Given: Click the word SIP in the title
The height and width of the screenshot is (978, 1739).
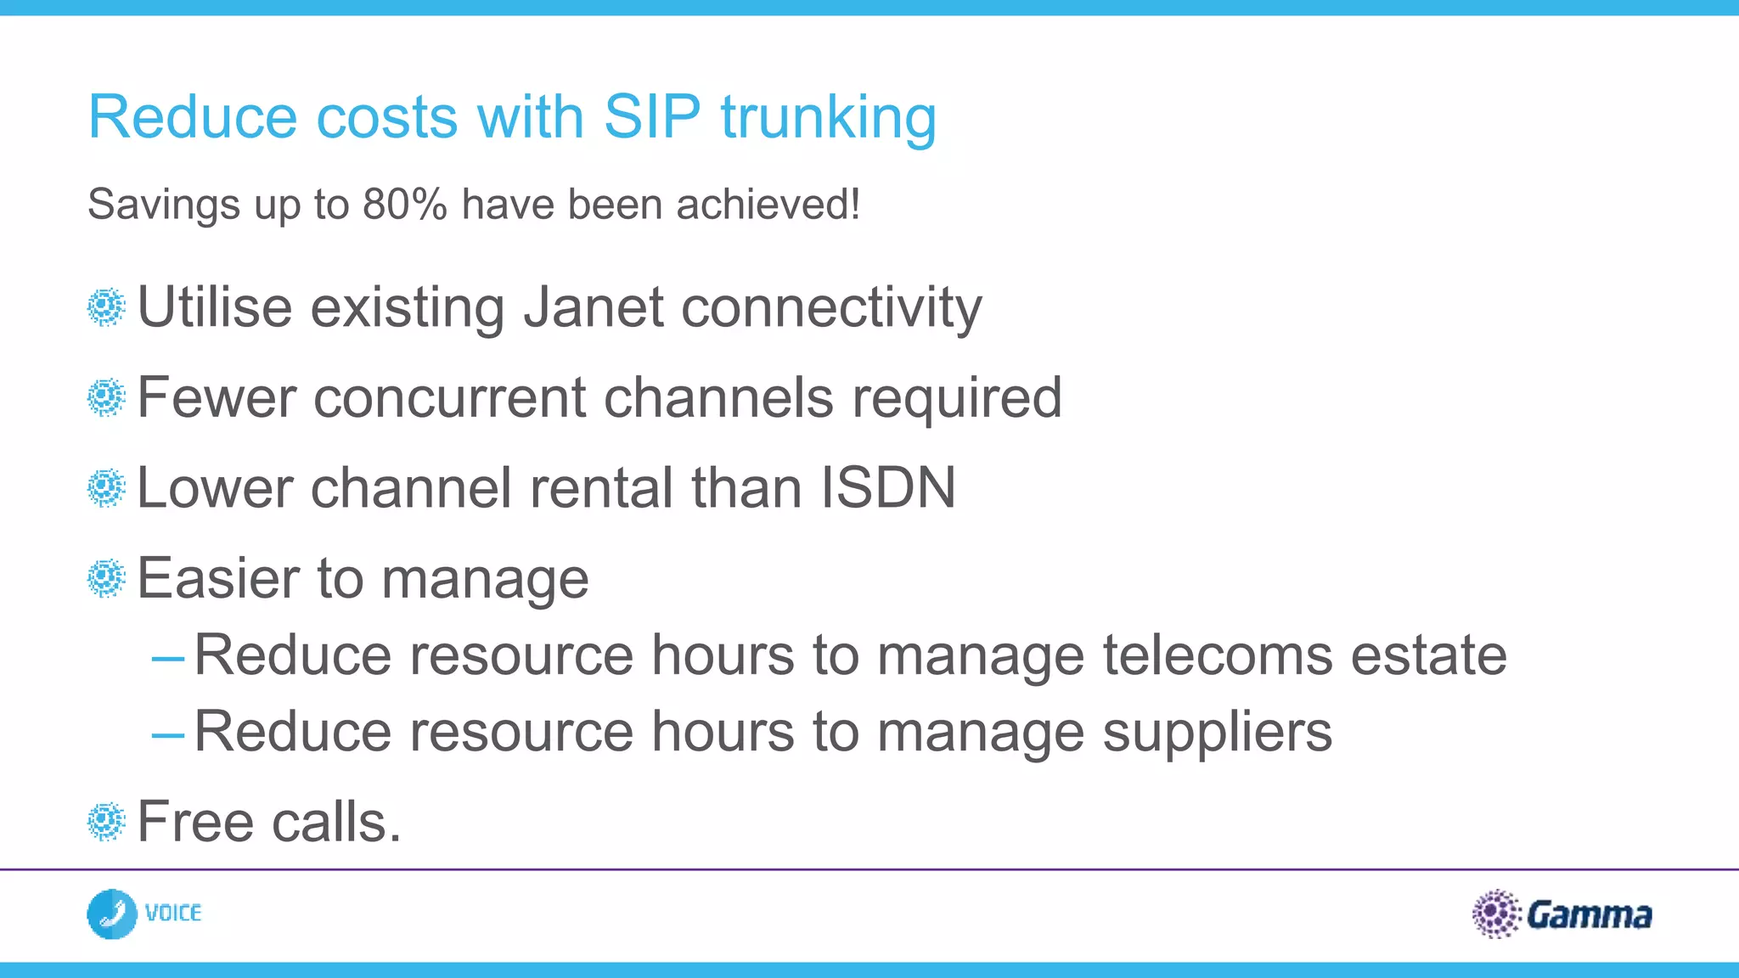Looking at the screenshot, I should tap(651, 116).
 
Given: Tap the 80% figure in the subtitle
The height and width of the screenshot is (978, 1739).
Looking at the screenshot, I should tap(404, 205).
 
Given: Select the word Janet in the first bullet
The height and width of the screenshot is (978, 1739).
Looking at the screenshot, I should tap(594, 306).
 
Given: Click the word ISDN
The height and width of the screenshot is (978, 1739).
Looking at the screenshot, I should tap(887, 488).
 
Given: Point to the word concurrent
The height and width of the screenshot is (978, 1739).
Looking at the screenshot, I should tap(449, 397).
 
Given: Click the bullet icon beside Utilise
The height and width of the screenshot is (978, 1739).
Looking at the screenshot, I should tap(106, 307).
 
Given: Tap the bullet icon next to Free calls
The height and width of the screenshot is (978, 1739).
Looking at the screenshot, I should tap(106, 822).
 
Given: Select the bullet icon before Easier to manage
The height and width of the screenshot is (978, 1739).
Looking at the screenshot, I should tap(106, 579).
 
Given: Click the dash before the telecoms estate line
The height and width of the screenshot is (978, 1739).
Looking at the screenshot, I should tap(168, 658).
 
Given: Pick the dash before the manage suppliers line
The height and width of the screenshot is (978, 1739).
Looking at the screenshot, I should tap(168, 734).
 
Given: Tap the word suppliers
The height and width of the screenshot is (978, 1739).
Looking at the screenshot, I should tap(1217, 732).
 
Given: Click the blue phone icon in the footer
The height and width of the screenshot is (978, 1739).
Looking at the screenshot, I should tap(111, 914).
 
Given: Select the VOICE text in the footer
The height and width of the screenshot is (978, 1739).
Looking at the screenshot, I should tap(173, 913).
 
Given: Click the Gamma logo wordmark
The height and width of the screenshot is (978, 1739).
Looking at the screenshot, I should tap(1589, 915).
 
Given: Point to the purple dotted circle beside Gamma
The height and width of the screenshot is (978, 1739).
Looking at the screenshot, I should tap(1495, 913).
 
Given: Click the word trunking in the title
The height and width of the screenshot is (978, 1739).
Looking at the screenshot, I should tap(828, 118).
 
